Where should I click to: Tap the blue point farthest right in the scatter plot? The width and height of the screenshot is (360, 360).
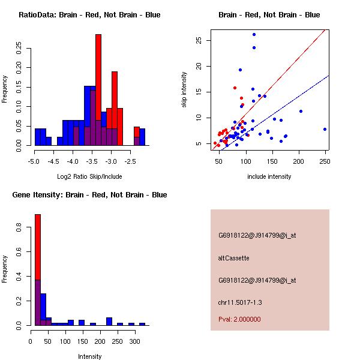pos(325,129)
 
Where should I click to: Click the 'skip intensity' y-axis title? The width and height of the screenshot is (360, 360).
pos(184,90)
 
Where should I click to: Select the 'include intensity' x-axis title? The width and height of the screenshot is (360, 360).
pos(269,176)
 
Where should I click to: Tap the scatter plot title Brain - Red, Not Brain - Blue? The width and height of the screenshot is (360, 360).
pos(269,15)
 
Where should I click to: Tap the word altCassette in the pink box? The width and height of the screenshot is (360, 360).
pos(233,258)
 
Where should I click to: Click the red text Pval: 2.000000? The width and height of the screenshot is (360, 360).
pos(239,319)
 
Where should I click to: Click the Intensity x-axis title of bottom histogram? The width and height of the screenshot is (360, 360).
pos(90,356)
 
